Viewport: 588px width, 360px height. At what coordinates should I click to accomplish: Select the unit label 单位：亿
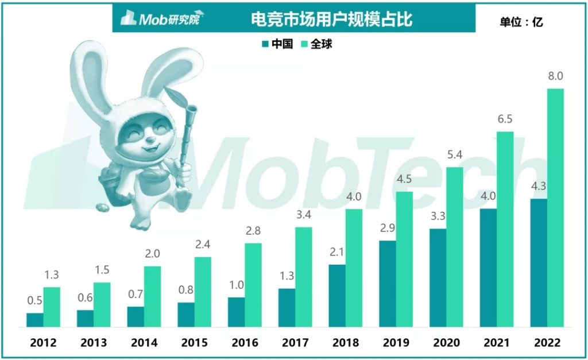coord(521,22)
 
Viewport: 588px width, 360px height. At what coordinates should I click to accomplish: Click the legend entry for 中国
coord(277,44)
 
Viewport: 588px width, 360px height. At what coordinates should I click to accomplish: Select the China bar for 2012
coord(34,320)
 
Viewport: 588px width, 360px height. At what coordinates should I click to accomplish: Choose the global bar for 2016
coord(253,285)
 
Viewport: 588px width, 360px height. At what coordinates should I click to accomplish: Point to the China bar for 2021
coord(488,268)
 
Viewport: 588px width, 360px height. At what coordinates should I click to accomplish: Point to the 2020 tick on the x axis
coord(446,343)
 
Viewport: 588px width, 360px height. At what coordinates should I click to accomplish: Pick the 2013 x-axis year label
coord(93,343)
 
